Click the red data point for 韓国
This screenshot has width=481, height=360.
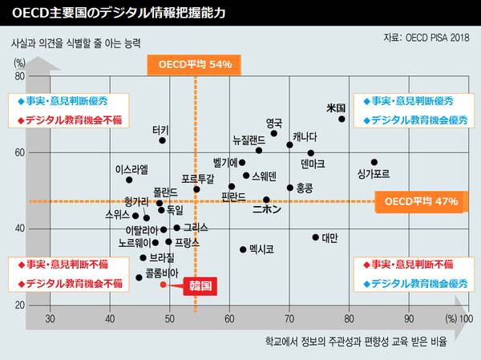pos(163,284)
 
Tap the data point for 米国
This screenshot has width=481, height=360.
pos(342,119)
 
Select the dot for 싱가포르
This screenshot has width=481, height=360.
pos(374,162)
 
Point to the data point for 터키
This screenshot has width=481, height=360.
pos(162,140)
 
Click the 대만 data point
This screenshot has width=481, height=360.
pos(316,237)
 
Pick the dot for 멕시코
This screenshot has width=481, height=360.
pos(243,249)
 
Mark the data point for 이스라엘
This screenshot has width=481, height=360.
pos(129,180)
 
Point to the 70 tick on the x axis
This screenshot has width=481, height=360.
pos(289,319)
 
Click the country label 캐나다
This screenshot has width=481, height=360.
pos(305,136)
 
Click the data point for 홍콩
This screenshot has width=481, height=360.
pos(290,188)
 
